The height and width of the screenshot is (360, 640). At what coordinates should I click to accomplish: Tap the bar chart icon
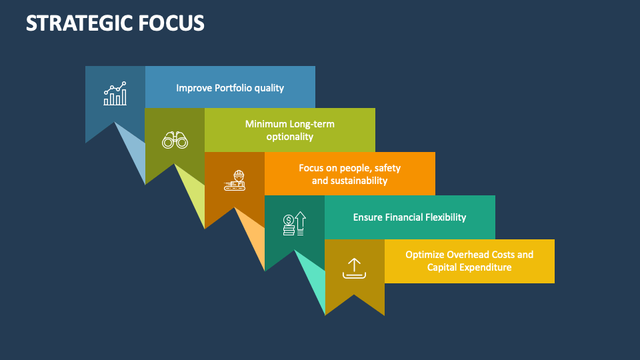coord(115,95)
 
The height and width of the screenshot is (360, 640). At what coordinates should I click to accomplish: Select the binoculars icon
coord(175,139)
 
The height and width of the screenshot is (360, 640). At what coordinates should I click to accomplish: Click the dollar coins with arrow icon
coord(294,224)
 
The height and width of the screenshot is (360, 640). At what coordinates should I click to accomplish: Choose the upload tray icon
coord(354,268)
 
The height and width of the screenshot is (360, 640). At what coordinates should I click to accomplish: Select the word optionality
coord(289,137)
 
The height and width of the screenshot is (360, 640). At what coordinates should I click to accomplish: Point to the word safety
coord(386,168)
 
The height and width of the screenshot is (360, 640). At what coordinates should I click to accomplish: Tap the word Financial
coord(407,217)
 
